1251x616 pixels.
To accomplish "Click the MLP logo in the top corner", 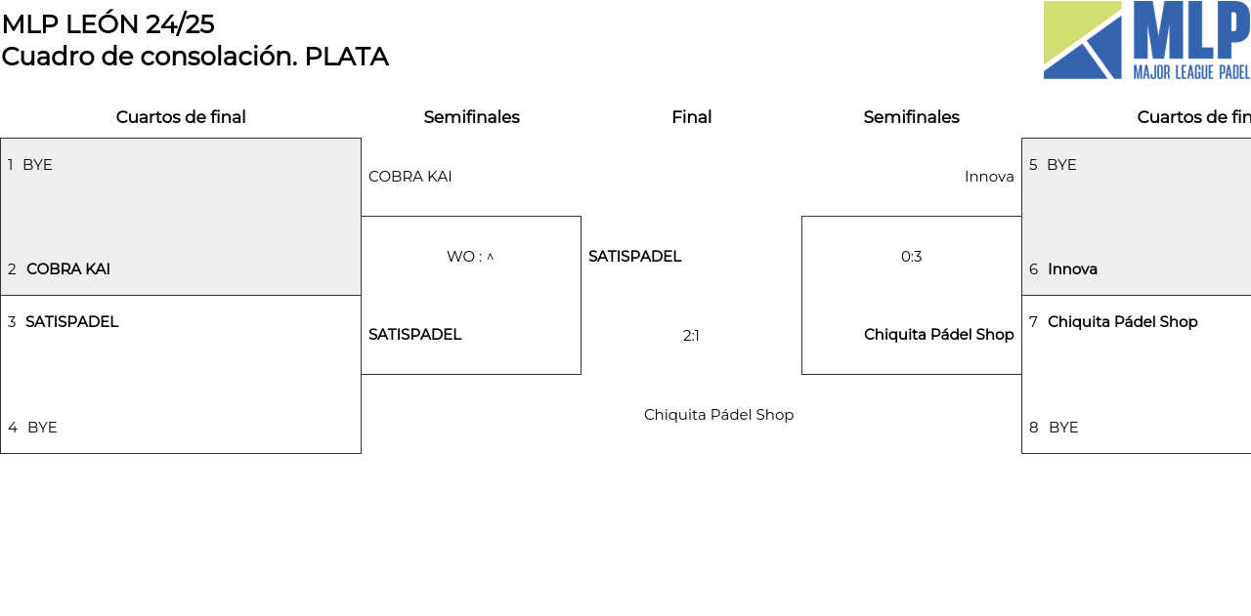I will (x=1146, y=40).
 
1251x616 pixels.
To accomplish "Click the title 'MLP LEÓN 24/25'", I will (x=108, y=23).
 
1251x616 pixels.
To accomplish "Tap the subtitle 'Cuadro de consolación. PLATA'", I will (x=194, y=57).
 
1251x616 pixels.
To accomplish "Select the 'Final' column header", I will (x=691, y=117).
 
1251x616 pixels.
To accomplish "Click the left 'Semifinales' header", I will (x=471, y=117).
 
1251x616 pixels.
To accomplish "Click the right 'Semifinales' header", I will (x=911, y=117).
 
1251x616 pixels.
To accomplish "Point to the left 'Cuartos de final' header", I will (x=181, y=117).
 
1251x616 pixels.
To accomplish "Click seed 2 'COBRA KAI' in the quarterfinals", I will (x=68, y=269).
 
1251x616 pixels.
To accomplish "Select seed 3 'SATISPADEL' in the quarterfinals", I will (x=71, y=322).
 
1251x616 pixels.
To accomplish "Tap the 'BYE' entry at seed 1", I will (x=37, y=165).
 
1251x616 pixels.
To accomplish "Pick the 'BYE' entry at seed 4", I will (x=42, y=428).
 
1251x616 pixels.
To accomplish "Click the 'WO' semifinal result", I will (x=470, y=257).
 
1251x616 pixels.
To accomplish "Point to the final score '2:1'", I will (x=691, y=336).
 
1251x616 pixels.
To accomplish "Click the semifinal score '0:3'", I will (x=911, y=257).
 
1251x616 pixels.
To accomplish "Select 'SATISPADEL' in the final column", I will (x=634, y=257).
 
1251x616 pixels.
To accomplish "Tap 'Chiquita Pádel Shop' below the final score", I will (x=718, y=415).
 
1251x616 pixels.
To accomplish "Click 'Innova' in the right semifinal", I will (x=989, y=177).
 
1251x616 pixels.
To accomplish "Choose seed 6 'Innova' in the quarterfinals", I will (x=1072, y=269).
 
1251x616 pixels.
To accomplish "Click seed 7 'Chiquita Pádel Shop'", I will (x=1122, y=322).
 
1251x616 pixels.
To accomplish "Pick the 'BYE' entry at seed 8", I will (x=1063, y=428).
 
